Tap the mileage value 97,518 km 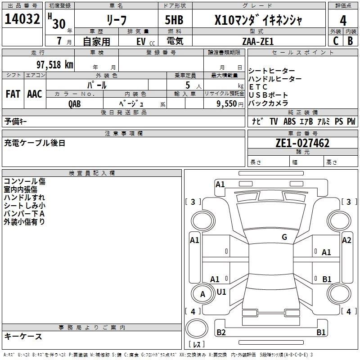[x=55, y=64]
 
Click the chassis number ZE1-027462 [x=302, y=143]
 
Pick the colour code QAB [x=75, y=103]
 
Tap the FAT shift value [x=13, y=94]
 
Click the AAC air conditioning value [x=34, y=94]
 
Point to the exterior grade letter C [x=335, y=41]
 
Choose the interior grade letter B [x=350, y=41]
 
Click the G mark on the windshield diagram [x=284, y=237]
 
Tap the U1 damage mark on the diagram [x=221, y=292]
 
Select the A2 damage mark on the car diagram [x=346, y=240]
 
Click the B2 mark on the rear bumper [x=221, y=333]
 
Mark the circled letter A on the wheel [x=202, y=294]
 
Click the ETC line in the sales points [x=258, y=87]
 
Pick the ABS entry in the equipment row [x=290, y=121]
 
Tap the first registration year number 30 [x=58, y=23]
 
